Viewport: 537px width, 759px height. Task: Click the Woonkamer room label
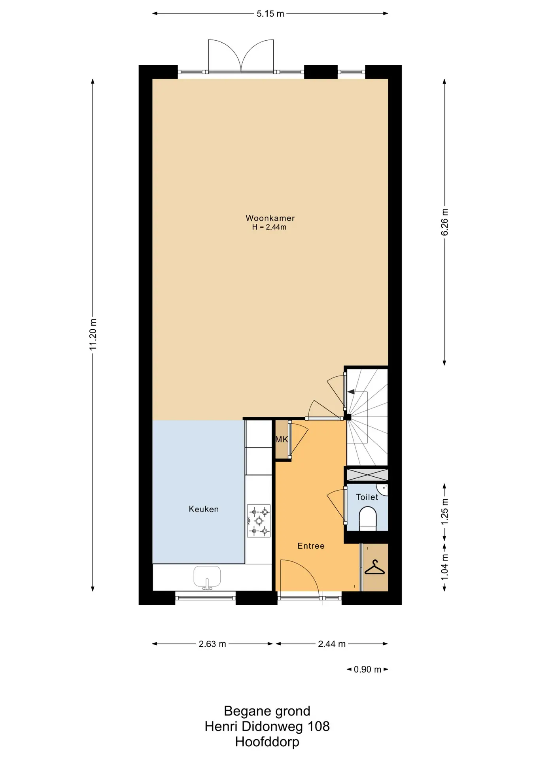pos(270,218)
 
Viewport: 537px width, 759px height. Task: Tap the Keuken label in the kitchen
pos(204,509)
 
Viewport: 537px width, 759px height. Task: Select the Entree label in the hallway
pos(311,546)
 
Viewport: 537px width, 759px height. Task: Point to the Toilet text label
pos(367,497)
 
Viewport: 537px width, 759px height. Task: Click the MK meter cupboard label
pos(282,439)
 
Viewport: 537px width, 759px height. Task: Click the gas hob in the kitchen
pos(259,521)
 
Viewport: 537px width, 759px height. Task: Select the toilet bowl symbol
pos(367,519)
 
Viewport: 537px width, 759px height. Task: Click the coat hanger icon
pos(374,568)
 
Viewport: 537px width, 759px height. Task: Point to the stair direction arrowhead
pos(351,392)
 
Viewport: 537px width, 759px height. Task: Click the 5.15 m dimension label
pos(270,14)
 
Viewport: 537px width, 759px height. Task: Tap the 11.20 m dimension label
pos(93,334)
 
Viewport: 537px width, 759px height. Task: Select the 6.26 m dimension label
pos(444,222)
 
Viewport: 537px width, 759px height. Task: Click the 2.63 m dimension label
pos(212,644)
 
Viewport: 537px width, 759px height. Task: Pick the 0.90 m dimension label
pos(367,669)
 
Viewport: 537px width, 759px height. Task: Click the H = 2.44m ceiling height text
pos(269,227)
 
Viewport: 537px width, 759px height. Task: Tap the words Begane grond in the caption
pos(267,711)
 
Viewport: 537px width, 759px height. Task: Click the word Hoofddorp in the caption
pos(267,742)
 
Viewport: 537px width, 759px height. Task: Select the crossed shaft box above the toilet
pos(367,474)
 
